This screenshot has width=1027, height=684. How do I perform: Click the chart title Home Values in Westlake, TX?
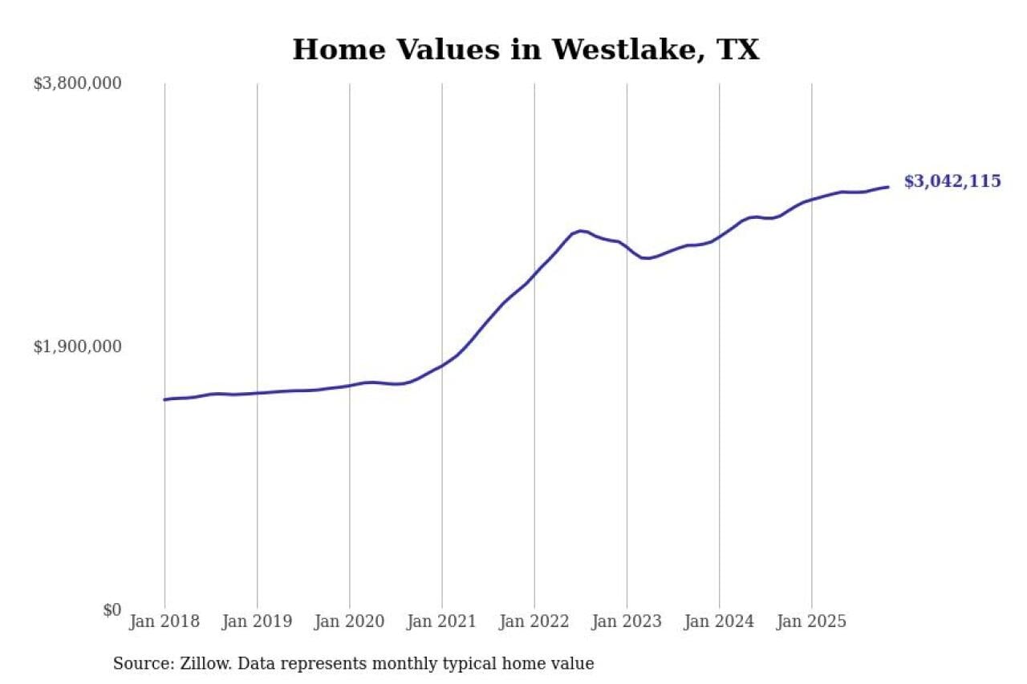point(525,50)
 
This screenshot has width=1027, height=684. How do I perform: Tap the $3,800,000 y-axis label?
point(77,83)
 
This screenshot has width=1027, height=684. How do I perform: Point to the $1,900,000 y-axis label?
point(77,346)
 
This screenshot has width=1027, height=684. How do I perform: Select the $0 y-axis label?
point(112,610)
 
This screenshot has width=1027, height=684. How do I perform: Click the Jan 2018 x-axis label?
point(164,621)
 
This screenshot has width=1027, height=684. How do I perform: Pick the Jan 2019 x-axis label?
point(257,621)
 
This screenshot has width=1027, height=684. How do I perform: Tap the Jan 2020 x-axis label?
point(350,621)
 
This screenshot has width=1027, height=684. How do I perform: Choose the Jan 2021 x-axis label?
point(442,621)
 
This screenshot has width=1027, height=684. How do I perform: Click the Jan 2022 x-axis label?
point(534,621)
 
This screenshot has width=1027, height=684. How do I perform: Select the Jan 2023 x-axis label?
point(627,621)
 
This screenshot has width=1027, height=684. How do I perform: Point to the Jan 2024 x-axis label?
point(719,621)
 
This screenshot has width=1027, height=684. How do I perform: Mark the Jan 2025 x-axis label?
point(812,621)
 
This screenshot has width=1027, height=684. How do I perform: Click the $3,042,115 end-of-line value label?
point(952,181)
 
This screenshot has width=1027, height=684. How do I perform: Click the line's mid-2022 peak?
point(580,231)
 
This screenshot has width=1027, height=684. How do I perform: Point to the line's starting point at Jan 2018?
point(165,399)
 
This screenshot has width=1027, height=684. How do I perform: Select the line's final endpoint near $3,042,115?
point(887,187)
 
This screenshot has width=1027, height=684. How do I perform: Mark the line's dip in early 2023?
point(647,258)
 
